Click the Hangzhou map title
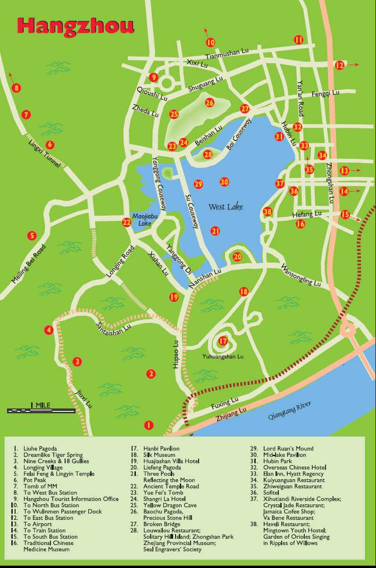pyautogui.click(x=75, y=26)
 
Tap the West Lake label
pyautogui.click(x=226, y=207)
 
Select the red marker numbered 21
pyautogui.click(x=216, y=231)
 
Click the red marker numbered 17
pyautogui.click(x=223, y=341)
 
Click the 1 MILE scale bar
pyautogui.click(x=41, y=410)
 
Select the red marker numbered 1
pyautogui.click(x=149, y=425)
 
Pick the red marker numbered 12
pyautogui.click(x=340, y=65)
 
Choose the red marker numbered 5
pyautogui.click(x=32, y=235)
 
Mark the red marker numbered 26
pyautogui.click(x=209, y=102)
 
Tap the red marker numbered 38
pyautogui.click(x=267, y=212)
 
